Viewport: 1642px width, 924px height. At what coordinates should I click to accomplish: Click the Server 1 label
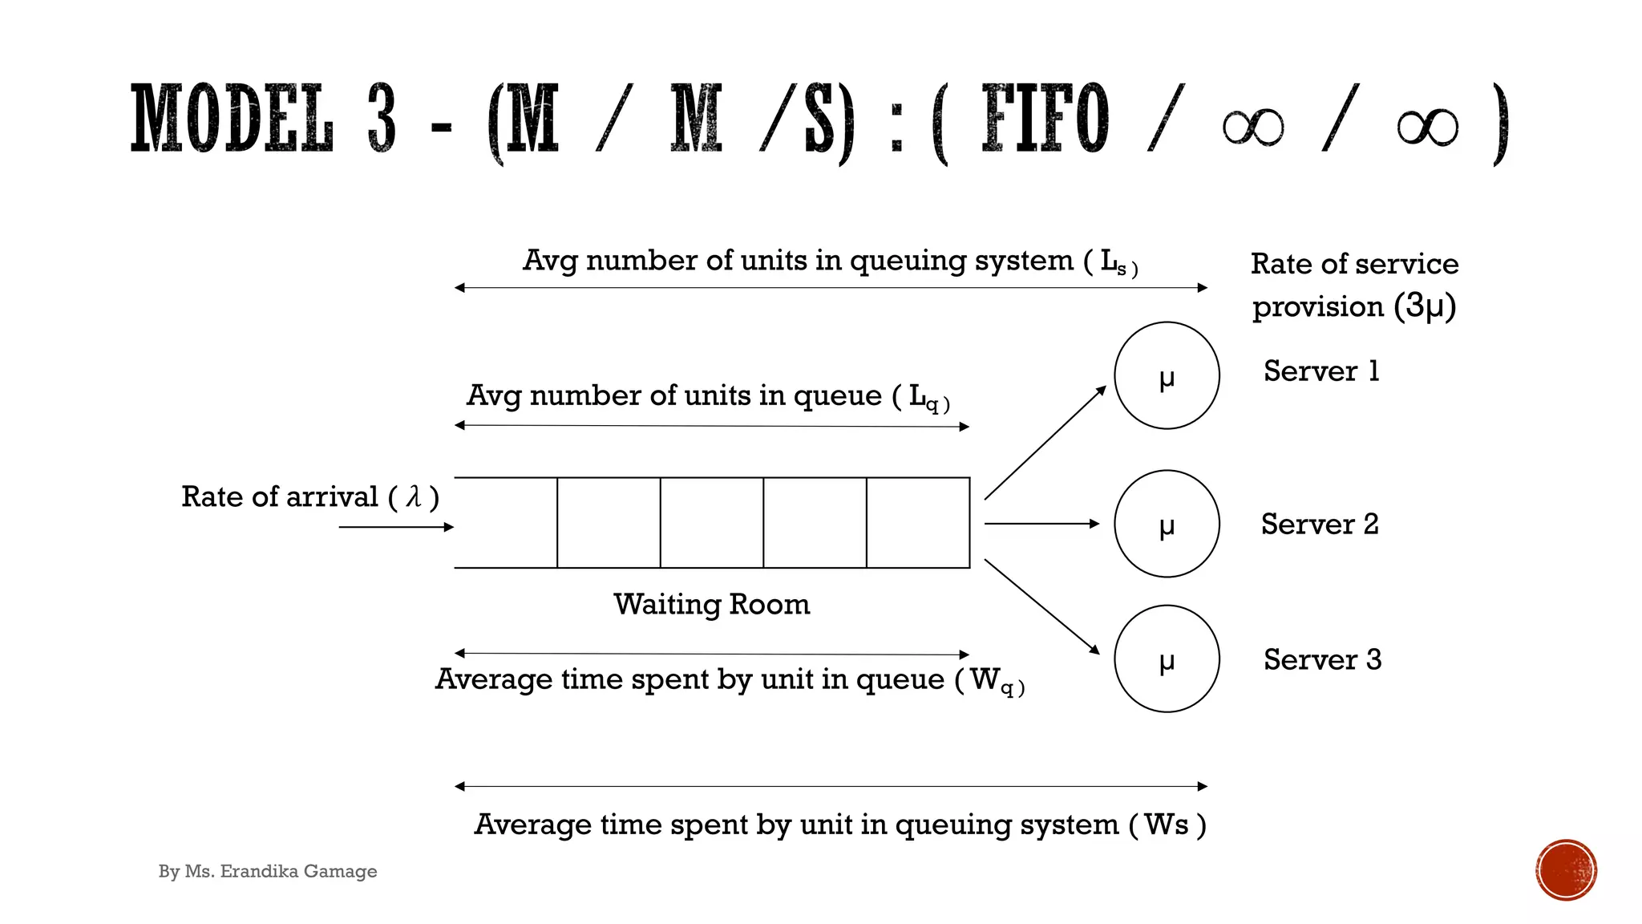[1321, 371]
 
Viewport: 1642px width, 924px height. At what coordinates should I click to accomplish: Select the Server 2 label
[1320, 524]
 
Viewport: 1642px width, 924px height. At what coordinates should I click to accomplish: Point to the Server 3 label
[1322, 659]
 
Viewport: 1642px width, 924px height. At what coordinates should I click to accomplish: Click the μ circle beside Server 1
[1167, 375]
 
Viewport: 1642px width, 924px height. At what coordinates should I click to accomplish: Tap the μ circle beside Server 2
[1167, 524]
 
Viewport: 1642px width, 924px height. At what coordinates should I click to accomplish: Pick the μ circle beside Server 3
[1167, 659]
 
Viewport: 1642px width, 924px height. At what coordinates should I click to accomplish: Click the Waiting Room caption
[711, 604]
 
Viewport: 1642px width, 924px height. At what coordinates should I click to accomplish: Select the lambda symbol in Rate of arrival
[414, 497]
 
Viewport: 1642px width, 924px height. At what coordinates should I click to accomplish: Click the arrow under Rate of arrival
[396, 527]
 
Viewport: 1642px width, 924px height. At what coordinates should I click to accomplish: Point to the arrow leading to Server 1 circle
[1045, 443]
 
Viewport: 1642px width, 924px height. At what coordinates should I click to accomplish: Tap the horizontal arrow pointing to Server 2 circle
[1041, 524]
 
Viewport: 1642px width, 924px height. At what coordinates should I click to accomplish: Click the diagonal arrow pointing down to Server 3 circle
[1041, 606]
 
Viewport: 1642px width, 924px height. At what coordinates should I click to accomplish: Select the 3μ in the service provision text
[1424, 306]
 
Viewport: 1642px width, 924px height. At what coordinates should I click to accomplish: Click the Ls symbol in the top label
[1114, 261]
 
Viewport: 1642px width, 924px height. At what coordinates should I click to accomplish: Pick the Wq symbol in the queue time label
[993, 681]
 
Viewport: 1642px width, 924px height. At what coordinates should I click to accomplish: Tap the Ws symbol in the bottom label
[1166, 825]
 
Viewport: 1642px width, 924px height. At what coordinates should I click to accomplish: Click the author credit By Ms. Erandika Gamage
[268, 871]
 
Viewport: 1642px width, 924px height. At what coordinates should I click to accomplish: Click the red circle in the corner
[1566, 870]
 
